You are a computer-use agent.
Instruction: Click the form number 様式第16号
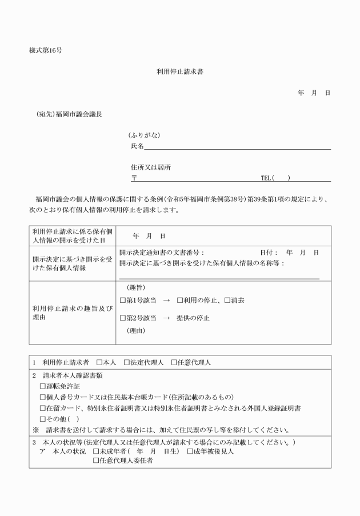click(x=46, y=50)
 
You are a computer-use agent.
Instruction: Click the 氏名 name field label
click(x=137, y=146)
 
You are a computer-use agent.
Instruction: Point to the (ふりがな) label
click(x=144, y=135)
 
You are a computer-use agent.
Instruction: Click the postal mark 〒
click(x=134, y=178)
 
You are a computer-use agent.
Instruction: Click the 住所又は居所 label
click(x=151, y=167)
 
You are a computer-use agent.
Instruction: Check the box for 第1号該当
click(x=122, y=300)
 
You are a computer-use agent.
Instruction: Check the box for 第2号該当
click(x=122, y=318)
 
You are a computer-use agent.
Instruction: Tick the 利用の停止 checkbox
click(x=179, y=300)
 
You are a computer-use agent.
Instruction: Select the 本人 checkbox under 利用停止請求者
click(x=99, y=363)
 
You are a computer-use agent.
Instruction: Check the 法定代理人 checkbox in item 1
click(x=126, y=363)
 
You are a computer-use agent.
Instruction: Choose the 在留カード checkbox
click(x=42, y=409)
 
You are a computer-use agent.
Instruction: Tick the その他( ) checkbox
click(x=42, y=419)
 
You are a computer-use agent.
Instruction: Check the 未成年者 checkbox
click(x=96, y=451)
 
